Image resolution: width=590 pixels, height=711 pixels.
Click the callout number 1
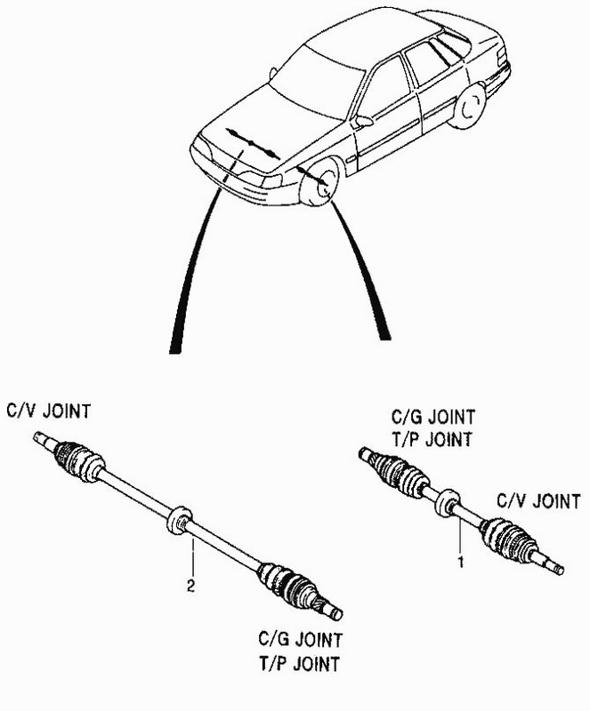point(461,562)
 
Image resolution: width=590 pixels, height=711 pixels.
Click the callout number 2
point(190,586)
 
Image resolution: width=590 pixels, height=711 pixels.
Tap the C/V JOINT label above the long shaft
point(49,411)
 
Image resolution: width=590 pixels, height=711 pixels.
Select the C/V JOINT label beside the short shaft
point(538,501)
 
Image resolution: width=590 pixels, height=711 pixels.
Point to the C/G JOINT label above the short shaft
point(433,416)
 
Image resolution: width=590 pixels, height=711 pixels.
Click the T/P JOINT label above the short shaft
point(432,439)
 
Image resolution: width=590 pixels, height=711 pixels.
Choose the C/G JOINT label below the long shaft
point(300,640)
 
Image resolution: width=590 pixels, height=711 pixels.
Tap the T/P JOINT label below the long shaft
point(299,663)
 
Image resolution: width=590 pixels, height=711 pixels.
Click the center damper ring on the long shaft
point(180,520)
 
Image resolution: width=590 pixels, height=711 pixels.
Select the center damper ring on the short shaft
point(448,502)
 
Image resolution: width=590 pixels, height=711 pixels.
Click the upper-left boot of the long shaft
point(78,459)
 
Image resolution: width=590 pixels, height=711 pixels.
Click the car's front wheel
point(320,180)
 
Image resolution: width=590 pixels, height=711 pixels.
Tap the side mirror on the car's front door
point(364,121)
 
